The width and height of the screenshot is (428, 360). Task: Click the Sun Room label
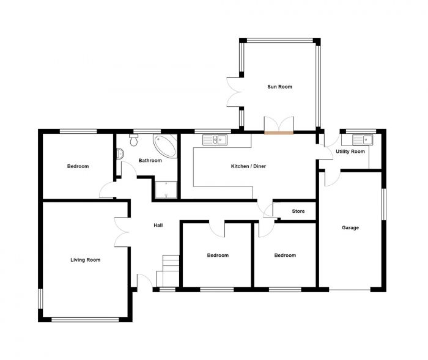point(279,87)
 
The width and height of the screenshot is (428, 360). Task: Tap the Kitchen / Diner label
point(248,166)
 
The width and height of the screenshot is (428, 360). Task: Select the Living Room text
point(85,260)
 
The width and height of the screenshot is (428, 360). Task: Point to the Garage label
point(350,228)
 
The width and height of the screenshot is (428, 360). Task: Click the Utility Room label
point(350,152)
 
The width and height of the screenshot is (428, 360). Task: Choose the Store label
point(298,211)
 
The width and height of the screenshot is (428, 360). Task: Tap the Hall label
point(158,226)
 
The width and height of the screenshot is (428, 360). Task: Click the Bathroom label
point(150,161)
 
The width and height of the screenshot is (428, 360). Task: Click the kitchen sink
point(215,139)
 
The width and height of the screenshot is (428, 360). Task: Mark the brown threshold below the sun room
point(279,130)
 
